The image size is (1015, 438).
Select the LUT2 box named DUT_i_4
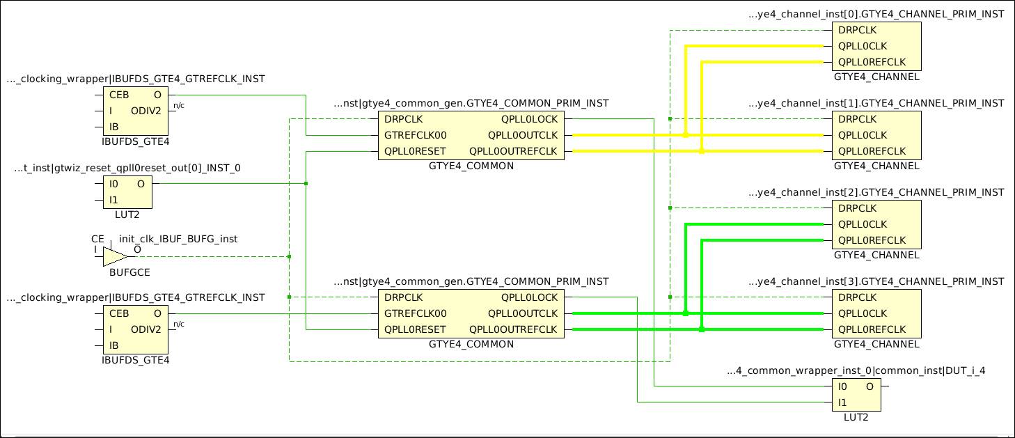856,395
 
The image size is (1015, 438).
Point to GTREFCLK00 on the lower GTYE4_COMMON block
416,313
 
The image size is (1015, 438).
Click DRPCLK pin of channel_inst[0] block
857,30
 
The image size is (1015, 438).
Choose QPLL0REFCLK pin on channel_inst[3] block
872,329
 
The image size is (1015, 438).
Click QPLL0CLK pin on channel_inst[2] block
863,224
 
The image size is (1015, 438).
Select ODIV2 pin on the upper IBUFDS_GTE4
146,111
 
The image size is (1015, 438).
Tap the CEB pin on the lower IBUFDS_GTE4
119,313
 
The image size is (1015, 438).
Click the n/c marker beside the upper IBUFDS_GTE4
179,106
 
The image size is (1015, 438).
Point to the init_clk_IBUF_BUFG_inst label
178,239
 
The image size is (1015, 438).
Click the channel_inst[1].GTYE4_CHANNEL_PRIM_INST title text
876,103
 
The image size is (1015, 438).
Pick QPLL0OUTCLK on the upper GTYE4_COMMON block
523,135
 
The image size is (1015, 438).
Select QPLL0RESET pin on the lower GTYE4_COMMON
415,329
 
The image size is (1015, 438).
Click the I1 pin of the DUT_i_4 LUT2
842,402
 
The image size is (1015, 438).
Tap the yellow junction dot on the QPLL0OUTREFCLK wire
701,151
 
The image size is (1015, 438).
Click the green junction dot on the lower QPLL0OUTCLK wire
686,313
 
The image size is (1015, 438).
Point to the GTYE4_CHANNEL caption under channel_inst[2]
876,255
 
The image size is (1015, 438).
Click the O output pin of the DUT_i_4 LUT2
869,386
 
